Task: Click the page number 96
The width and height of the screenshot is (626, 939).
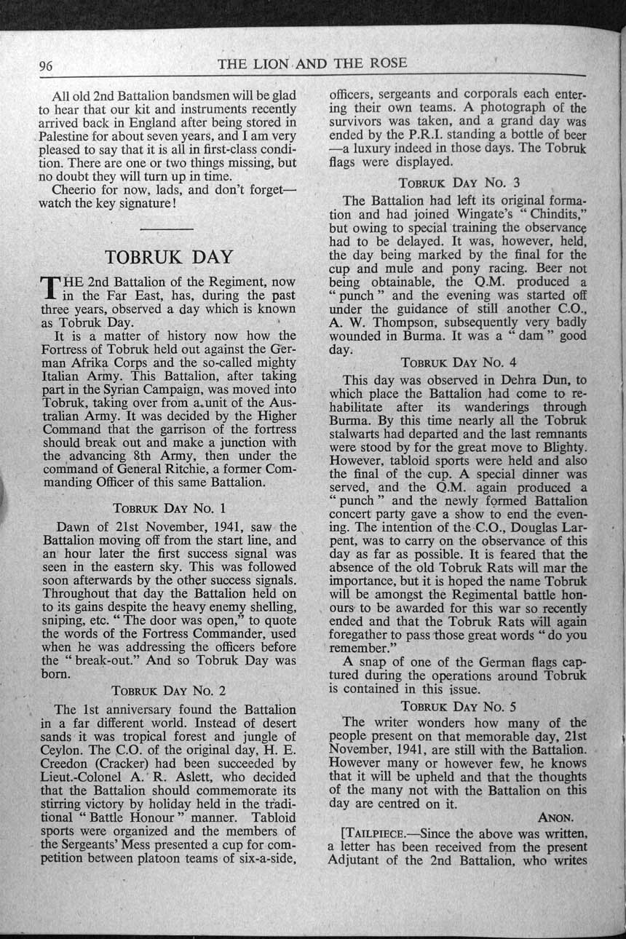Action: pos(46,66)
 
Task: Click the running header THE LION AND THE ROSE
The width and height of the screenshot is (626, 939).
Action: pos(312,63)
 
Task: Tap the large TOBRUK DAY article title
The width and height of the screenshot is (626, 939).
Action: pos(169,257)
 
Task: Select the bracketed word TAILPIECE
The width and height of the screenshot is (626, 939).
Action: pos(372,832)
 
